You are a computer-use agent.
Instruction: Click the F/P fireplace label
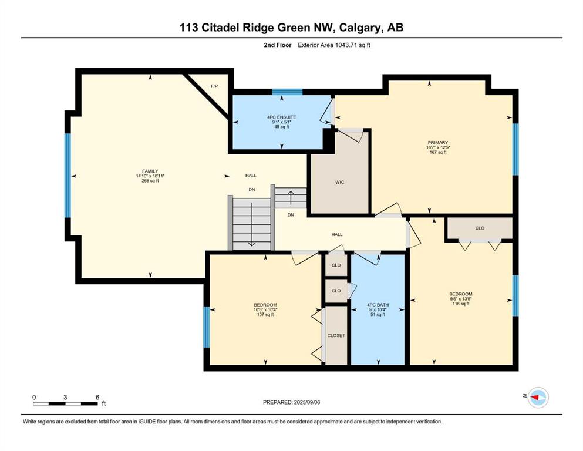pos(214,86)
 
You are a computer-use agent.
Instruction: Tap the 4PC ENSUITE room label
pos(281,117)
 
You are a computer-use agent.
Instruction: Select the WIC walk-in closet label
pos(339,182)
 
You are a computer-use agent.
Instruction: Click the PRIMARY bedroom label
pos(437,142)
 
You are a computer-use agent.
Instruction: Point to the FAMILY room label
pos(150,171)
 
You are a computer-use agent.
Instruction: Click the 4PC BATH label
pos(378,305)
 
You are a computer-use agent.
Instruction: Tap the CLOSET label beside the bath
pos(336,335)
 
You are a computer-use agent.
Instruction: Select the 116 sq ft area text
pos(461,304)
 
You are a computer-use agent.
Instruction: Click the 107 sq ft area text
pos(265,315)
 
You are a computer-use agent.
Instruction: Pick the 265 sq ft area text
pos(150,181)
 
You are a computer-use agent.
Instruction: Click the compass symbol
pos(538,398)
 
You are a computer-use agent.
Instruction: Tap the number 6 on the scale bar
pos(97,397)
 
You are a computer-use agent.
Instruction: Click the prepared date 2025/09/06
pos(306,402)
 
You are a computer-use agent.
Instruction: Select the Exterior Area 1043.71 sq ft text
pos(334,45)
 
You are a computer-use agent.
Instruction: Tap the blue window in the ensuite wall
pos(287,92)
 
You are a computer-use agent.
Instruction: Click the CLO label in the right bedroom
pos(480,228)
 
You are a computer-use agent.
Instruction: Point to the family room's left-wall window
pos(68,175)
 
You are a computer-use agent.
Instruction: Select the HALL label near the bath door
pos(337,234)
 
